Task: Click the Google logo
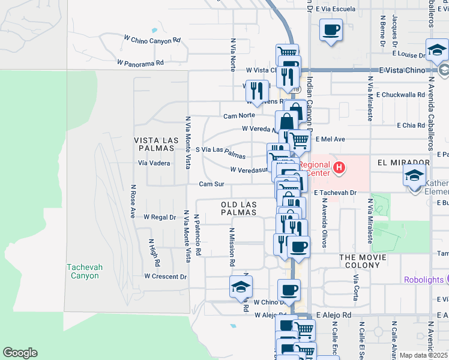[20, 353]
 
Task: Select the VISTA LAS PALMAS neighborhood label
[156, 145]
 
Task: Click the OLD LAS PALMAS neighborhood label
[239, 209]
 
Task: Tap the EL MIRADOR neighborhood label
[403, 163]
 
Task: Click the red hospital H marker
[339, 167]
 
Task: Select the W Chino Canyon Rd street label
[151, 40]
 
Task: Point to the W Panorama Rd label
[140, 63]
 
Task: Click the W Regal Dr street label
[160, 217]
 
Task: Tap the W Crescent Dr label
[165, 277]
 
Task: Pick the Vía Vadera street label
[154, 163]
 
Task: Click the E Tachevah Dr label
[335, 193]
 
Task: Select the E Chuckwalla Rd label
[400, 95]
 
